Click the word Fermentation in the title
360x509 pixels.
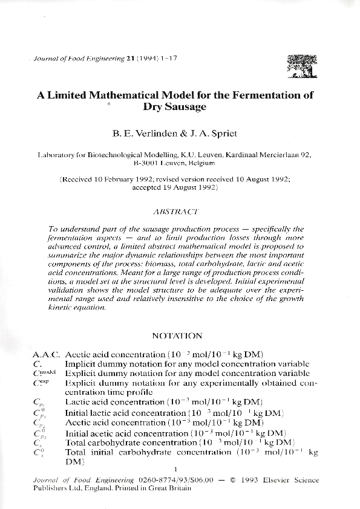pyautogui.click(x=260, y=95)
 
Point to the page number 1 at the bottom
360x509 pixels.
pyautogui.click(x=175, y=470)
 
